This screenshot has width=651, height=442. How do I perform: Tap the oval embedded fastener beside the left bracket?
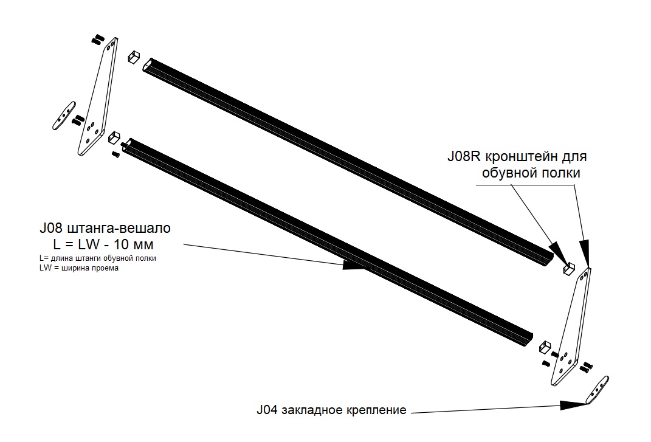coord(62,116)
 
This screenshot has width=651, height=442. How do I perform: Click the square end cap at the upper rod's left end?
coord(134,58)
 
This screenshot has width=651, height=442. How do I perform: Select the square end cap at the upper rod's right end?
coord(570,268)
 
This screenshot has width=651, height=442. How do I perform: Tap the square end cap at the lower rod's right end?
coord(546,347)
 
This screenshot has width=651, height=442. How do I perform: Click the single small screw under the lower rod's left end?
coord(115,155)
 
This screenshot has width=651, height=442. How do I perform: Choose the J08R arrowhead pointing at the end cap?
coord(557,249)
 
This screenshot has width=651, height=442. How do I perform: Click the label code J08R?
coord(463,156)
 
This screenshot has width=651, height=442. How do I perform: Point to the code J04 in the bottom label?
coord(267,410)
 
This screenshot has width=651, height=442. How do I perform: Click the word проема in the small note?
coord(103,268)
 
